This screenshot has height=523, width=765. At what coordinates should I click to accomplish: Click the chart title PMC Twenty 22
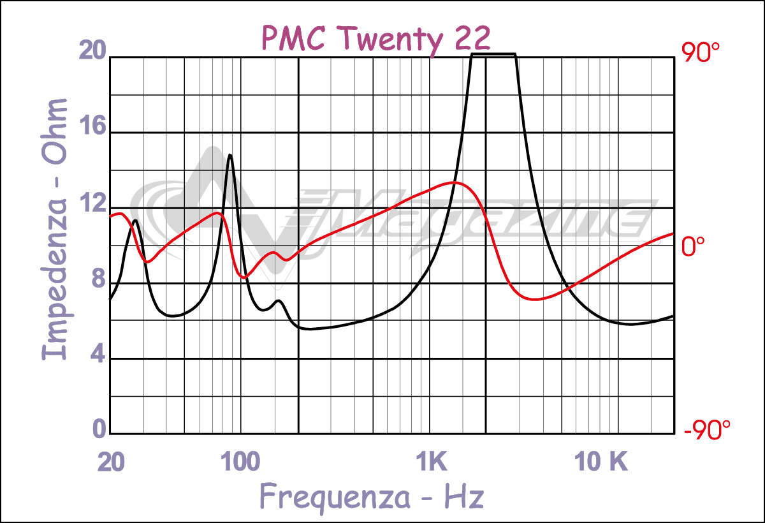pos(375,39)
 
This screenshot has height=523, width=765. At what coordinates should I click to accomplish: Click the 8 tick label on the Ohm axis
pos(96,280)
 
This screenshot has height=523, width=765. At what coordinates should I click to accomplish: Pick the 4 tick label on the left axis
pos(96,355)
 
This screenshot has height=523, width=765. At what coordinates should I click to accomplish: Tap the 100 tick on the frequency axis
pos(240,462)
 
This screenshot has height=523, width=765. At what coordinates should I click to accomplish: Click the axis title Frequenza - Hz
pos(372,496)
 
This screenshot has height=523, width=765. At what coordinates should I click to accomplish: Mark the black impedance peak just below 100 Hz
pos(229,155)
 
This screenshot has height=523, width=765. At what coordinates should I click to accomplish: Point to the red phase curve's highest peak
pos(453,182)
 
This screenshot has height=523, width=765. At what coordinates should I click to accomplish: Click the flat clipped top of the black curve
pos(493,54)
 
